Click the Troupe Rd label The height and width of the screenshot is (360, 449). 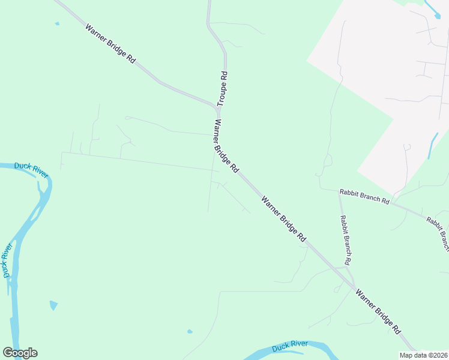tap(221, 89)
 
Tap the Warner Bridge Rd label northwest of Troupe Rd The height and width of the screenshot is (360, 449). tap(110, 44)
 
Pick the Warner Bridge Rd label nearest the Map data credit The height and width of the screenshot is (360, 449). tap(378, 311)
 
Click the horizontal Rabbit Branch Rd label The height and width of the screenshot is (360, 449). tap(364, 197)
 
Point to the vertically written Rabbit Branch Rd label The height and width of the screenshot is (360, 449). tap(345, 240)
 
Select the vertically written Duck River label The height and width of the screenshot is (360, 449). tap(7, 260)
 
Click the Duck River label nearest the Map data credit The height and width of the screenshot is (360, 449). tap(290, 346)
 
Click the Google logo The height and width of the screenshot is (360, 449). tap(20, 353)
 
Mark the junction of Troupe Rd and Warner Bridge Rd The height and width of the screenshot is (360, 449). tap(218, 109)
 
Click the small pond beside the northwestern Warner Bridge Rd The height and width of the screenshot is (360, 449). tap(57, 24)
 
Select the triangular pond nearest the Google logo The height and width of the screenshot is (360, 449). tap(53, 305)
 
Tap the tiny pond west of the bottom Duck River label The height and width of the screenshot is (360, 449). tap(190, 331)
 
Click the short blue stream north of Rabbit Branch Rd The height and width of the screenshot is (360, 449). tap(433, 145)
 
